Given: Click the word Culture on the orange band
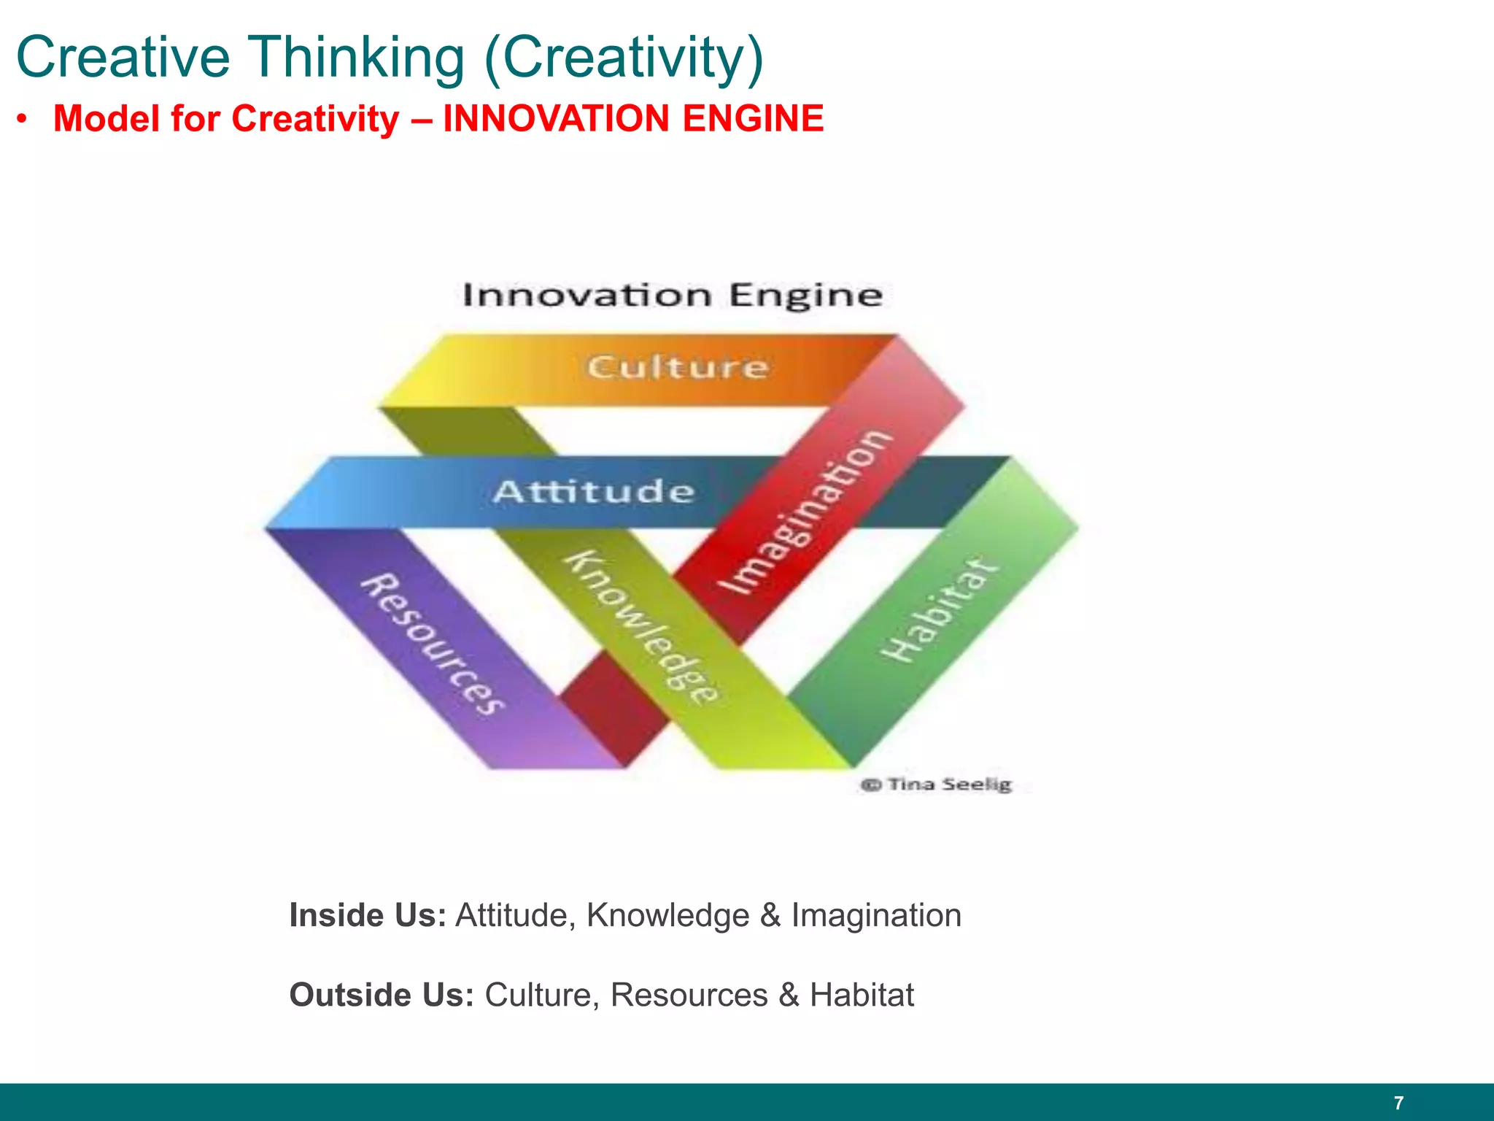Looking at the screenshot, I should [678, 366].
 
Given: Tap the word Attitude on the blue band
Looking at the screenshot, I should [594, 491].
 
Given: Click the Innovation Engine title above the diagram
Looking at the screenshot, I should [673, 296].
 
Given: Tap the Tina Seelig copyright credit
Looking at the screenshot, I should [937, 785].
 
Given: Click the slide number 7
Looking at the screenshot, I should [1398, 1103].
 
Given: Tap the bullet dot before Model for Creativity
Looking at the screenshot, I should [24, 119].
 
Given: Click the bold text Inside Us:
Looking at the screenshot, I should [368, 915].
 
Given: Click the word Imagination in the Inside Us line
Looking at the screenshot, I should [876, 915].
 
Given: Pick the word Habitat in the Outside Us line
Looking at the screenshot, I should [862, 995].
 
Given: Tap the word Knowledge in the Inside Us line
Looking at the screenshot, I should [667, 915].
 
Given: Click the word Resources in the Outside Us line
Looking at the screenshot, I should [689, 995].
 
